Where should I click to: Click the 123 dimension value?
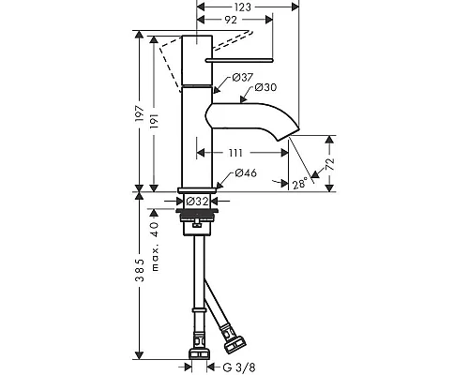pyautogui.click(x=242, y=7)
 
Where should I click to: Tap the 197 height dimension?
pyautogui.click(x=140, y=113)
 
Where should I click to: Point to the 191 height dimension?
pyautogui.click(x=155, y=121)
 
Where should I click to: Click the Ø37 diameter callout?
pyautogui.click(x=243, y=77)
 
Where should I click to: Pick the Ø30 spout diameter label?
pyautogui.click(x=265, y=87)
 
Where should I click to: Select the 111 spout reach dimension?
pyautogui.click(x=235, y=153)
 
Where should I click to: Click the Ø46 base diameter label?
pyautogui.click(x=246, y=172)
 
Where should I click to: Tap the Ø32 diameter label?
pyautogui.click(x=197, y=202)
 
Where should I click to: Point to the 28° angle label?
pyautogui.click(x=299, y=184)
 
